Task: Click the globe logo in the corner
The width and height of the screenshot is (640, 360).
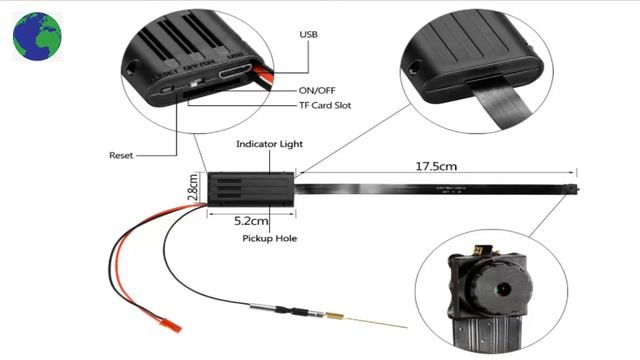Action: (x=37, y=36)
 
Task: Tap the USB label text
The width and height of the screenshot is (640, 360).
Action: (x=311, y=34)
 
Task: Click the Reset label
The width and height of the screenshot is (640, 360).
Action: (x=122, y=155)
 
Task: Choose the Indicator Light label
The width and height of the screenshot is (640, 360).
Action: (x=270, y=144)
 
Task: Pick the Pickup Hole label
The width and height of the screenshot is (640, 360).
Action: (x=270, y=239)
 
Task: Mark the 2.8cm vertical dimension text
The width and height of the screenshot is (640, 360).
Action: (x=193, y=189)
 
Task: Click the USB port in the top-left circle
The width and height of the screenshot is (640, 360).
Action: (x=236, y=73)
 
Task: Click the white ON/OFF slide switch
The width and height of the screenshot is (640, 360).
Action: (x=207, y=86)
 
